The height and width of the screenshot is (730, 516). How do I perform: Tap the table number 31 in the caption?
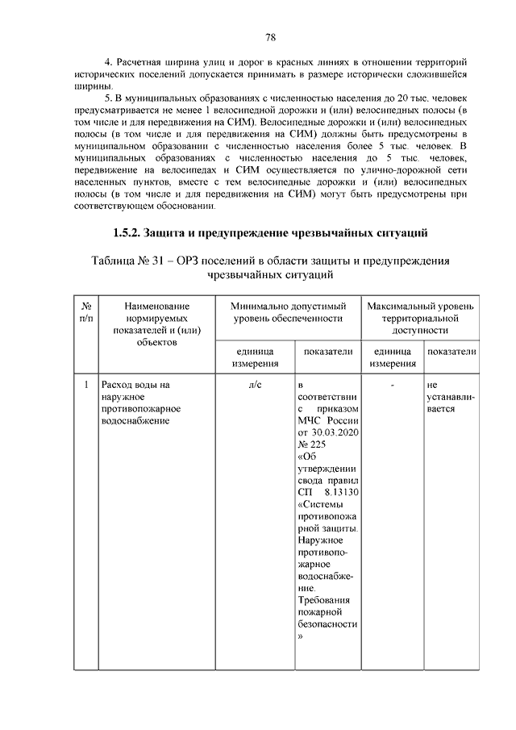point(173,261)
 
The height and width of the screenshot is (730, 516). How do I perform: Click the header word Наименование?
point(157,307)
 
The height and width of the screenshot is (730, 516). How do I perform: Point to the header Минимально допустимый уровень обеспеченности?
point(288,313)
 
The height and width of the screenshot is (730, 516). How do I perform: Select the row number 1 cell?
point(85,385)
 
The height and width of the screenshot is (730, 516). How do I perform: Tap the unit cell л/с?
point(254,385)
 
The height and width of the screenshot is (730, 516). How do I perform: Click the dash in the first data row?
point(392,385)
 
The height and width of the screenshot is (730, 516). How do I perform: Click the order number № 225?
point(311,446)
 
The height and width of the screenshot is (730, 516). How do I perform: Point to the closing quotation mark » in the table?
point(300,636)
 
